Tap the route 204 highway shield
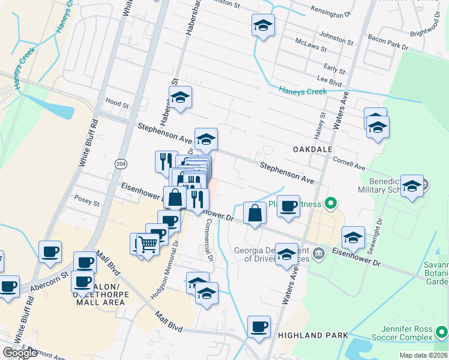pyautogui.click(x=120, y=162)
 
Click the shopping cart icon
pyautogui.click(x=148, y=244)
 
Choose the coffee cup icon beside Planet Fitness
pyautogui.click(x=288, y=206)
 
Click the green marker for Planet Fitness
pyautogui.click(x=329, y=203)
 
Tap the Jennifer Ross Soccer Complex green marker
pyautogui.click(x=442, y=330)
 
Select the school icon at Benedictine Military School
pyautogui.click(x=412, y=186)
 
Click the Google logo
pyautogui.click(x=20, y=353)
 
